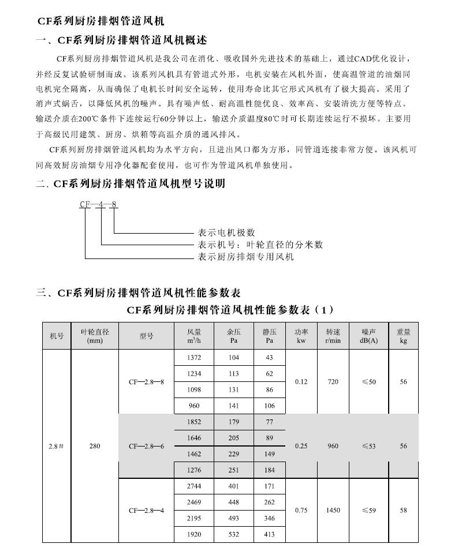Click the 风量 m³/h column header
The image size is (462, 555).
tap(194, 336)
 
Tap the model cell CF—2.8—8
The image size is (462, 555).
tap(146, 382)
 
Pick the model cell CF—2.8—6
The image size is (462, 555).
tap(146, 446)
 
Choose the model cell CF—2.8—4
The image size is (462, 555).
tap(146, 510)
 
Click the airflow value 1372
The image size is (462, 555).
tap(194, 358)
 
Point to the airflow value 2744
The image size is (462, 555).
tap(194, 486)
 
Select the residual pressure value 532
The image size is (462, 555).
tap(233, 534)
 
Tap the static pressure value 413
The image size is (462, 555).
tap(269, 534)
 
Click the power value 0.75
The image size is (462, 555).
tap(301, 510)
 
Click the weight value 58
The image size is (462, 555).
tap(403, 510)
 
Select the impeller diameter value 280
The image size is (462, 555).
tap(95, 446)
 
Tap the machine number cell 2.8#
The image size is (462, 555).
tap(56, 446)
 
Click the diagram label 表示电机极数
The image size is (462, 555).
tap(226, 233)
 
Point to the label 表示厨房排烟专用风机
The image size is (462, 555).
tap(245, 257)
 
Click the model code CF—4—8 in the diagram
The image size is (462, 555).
tap(98, 204)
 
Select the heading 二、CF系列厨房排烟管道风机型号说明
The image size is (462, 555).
tap(130, 185)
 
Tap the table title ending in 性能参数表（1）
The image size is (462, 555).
tap(230, 310)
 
